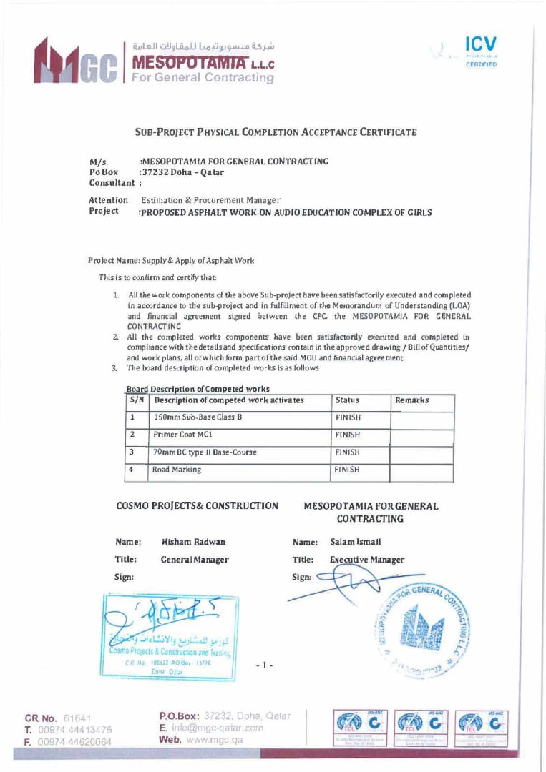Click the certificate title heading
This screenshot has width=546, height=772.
pyautogui.click(x=276, y=132)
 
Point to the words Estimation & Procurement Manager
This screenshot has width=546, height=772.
pyautogui.click(x=211, y=201)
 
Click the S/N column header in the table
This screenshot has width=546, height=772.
pyautogui.click(x=141, y=401)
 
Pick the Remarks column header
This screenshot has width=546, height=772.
pyautogui.click(x=412, y=401)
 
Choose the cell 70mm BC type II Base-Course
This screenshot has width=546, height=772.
pyautogui.click(x=205, y=452)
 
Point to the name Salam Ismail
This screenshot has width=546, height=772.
pyautogui.click(x=356, y=543)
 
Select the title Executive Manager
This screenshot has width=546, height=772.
pyautogui.click(x=367, y=560)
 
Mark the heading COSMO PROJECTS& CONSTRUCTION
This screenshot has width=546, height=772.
pyautogui.click(x=197, y=506)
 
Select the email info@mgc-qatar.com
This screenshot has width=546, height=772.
pyautogui.click(x=212, y=728)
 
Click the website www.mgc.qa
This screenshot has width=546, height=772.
pyautogui.click(x=202, y=741)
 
